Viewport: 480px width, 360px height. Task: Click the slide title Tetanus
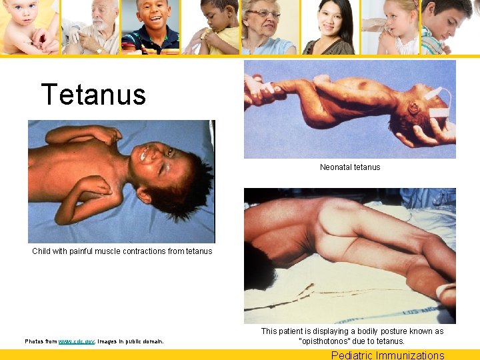tap(93, 95)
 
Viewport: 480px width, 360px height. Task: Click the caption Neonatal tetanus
tap(350, 167)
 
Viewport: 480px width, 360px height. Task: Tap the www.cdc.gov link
tap(77, 341)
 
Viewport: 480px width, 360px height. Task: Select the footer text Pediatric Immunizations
tap(387, 355)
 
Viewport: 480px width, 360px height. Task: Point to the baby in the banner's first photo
tap(27, 27)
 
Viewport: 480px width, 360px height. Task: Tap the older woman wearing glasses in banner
tap(267, 27)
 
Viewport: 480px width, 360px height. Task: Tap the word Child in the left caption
tap(42, 251)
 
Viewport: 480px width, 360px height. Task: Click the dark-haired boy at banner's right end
tap(450, 27)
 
